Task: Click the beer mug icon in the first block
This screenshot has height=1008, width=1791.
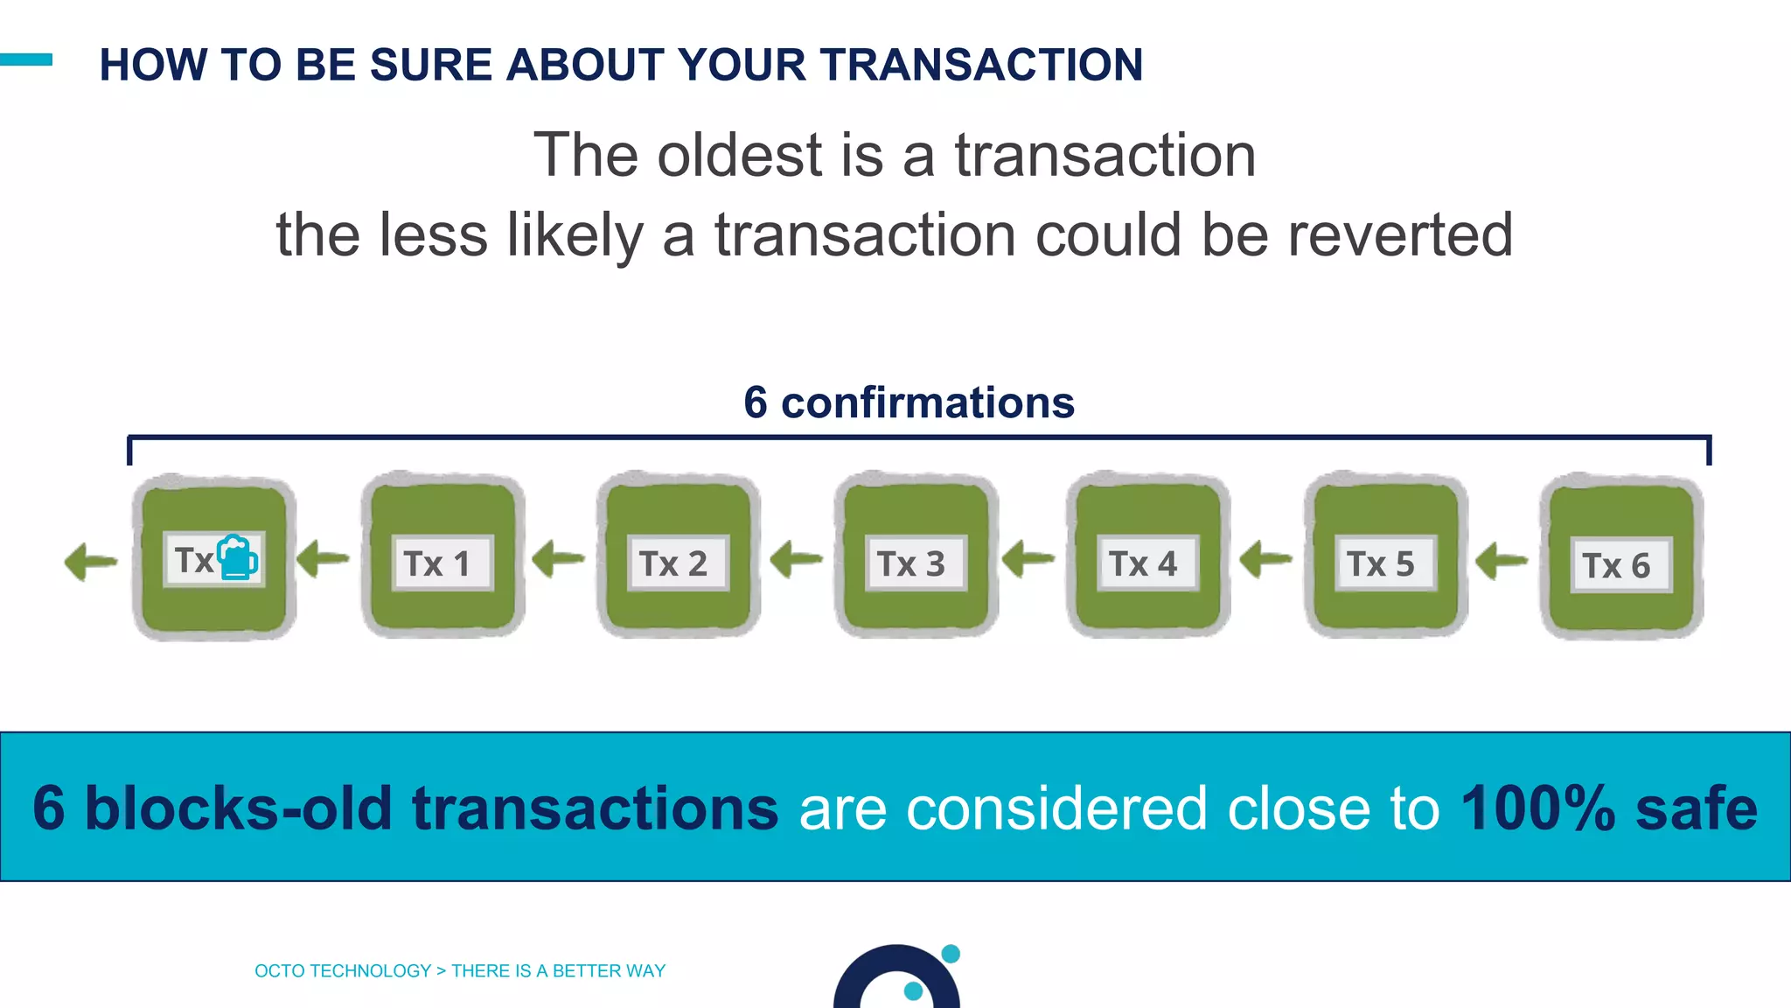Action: [x=237, y=558]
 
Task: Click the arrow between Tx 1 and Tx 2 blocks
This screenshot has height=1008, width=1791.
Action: [x=558, y=558]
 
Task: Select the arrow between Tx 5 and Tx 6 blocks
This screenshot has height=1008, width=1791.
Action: [x=1502, y=560]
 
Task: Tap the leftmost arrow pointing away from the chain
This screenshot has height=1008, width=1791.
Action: [x=91, y=561]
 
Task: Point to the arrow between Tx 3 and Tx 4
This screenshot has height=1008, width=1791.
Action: [x=1028, y=558]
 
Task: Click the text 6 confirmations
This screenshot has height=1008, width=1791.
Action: [x=909, y=402]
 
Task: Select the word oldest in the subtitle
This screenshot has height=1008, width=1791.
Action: [x=740, y=155]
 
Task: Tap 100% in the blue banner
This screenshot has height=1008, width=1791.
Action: [x=1537, y=808]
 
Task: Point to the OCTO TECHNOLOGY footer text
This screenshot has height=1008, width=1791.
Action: [x=343, y=970]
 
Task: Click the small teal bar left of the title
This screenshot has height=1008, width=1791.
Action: [x=26, y=59]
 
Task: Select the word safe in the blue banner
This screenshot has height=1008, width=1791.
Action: [x=1697, y=808]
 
